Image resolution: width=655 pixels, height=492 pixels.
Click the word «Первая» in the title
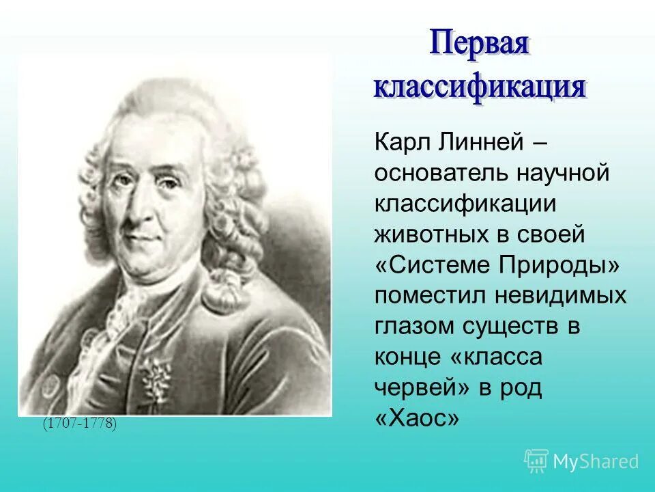(x=479, y=46)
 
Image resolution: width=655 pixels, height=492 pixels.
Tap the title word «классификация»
(x=479, y=87)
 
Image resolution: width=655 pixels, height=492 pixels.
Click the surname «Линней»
(x=482, y=144)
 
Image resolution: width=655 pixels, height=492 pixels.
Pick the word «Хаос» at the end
(x=417, y=418)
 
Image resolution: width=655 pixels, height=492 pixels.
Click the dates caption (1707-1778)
(x=80, y=424)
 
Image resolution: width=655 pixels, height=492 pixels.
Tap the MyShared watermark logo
(x=581, y=461)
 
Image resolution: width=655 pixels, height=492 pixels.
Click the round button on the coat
(x=51, y=387)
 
